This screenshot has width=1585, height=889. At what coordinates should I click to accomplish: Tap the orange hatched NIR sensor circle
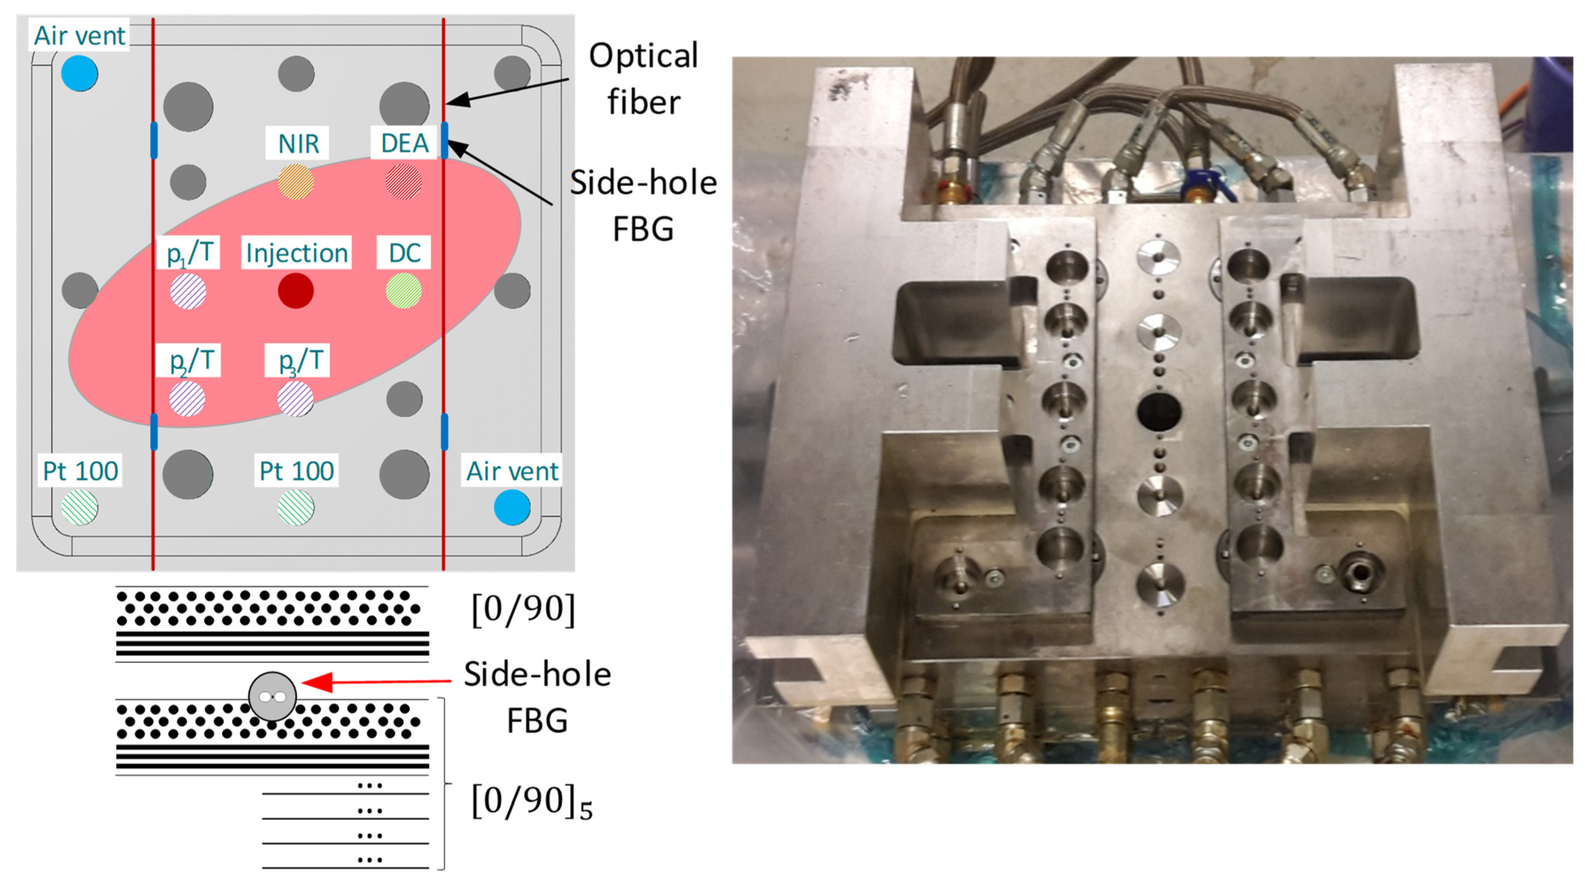coord(296,182)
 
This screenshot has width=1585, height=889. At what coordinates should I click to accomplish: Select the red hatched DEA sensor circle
coord(404,182)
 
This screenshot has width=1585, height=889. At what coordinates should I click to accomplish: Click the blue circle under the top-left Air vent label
coord(80,73)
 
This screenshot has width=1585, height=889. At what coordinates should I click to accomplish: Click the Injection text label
coord(296,253)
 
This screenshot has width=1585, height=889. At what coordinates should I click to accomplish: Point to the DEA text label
coord(404,144)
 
